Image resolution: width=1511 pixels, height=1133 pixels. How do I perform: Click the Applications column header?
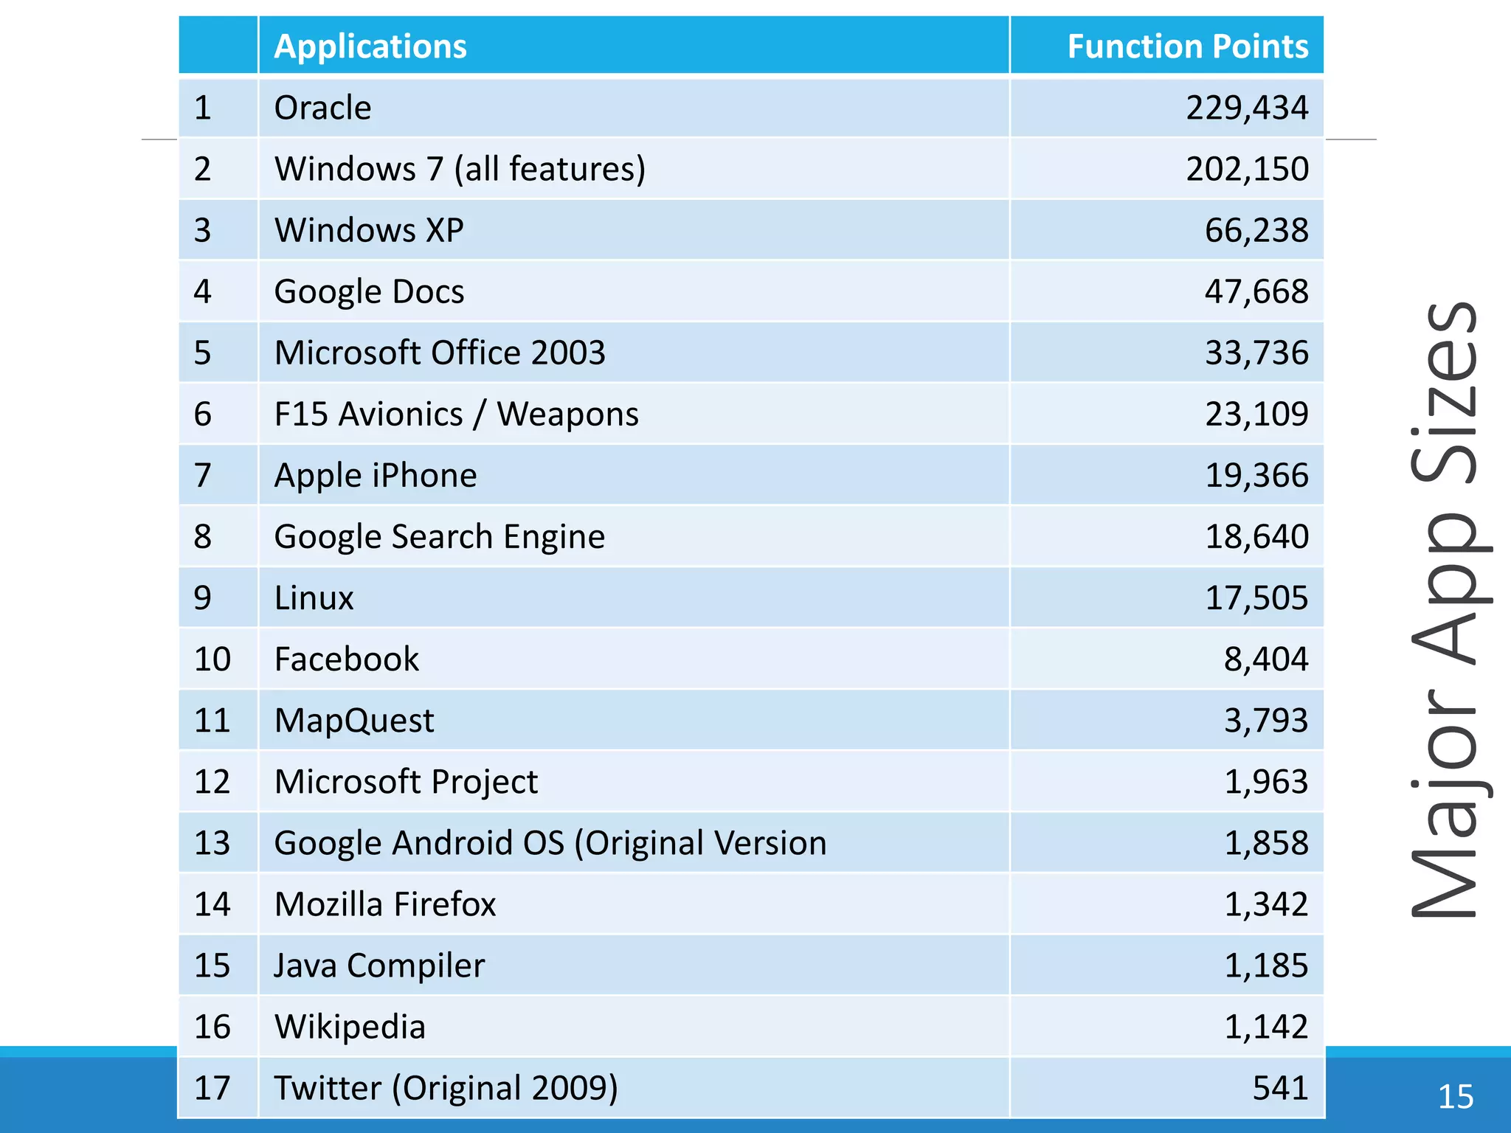(370, 46)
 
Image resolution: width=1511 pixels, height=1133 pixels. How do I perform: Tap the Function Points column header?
(1187, 46)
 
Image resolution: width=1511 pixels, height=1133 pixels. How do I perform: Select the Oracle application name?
(322, 108)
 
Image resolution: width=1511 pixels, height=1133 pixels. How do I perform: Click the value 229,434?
(1246, 108)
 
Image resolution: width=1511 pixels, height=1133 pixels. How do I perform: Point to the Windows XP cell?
(369, 230)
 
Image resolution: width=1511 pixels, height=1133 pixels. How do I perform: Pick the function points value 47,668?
(1256, 291)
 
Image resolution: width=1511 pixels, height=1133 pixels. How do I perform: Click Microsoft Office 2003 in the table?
(440, 353)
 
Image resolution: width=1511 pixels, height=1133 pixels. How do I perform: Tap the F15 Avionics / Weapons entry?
(456, 414)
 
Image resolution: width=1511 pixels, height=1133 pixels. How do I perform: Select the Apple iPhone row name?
(376, 475)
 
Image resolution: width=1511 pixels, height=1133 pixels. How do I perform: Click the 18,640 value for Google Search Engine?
(1256, 536)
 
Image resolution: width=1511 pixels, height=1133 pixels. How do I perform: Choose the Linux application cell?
(314, 597)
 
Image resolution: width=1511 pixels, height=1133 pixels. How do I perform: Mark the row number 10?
(212, 659)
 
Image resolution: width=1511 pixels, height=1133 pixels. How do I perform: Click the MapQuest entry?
(354, 720)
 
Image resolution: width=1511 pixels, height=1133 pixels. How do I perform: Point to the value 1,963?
(1265, 781)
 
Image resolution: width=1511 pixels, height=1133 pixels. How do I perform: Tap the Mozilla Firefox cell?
(385, 904)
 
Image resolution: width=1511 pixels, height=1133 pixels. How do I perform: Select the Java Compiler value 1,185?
(1265, 966)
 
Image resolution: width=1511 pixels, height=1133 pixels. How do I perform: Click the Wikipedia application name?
(350, 1027)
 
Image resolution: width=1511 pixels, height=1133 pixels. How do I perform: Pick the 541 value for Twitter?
(1280, 1088)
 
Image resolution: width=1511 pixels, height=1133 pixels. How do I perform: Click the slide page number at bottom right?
(1456, 1097)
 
